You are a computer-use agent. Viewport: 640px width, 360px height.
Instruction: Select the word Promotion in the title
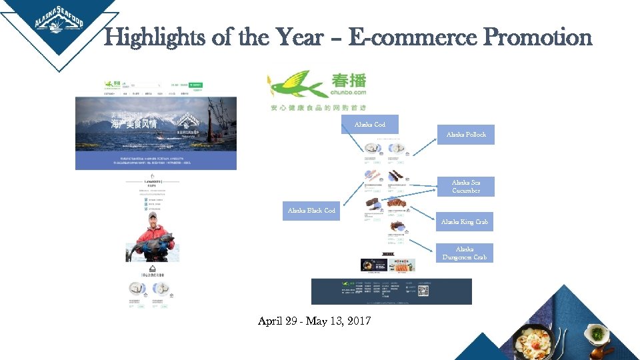pos(537,37)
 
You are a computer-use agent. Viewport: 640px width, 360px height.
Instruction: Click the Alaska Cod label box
pos(369,125)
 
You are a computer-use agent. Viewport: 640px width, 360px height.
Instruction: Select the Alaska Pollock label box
pos(466,135)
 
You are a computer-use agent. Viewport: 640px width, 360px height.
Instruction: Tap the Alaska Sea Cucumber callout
pos(465,187)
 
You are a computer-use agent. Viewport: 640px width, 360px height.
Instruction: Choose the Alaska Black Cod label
pos(311,211)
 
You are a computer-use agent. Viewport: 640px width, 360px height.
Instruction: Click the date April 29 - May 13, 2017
pos(315,321)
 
